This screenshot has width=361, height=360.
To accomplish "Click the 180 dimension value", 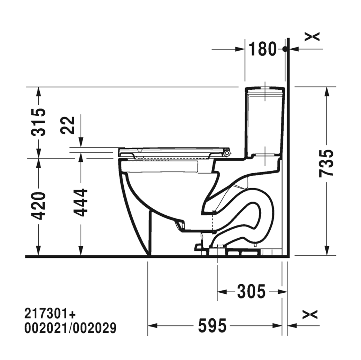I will tap(263, 49).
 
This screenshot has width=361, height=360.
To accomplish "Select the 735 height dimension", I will tap(326, 163).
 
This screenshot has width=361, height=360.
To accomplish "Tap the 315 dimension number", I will tap(38, 122).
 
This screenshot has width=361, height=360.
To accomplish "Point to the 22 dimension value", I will tap(68, 125).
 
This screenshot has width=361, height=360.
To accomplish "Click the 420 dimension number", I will tap(38, 206).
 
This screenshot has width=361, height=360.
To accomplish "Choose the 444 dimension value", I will tap(80, 203).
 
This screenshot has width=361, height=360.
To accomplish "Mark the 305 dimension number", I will tap(251, 292).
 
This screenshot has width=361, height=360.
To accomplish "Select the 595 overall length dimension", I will tap(212, 326).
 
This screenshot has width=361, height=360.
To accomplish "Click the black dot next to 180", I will tap(285, 49).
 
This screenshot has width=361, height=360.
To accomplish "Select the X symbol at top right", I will tap(312, 36).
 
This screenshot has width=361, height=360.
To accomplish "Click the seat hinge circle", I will tap(227, 152).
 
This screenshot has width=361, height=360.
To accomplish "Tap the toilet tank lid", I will tap(265, 89).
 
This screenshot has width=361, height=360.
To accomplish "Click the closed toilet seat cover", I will tap(171, 151).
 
